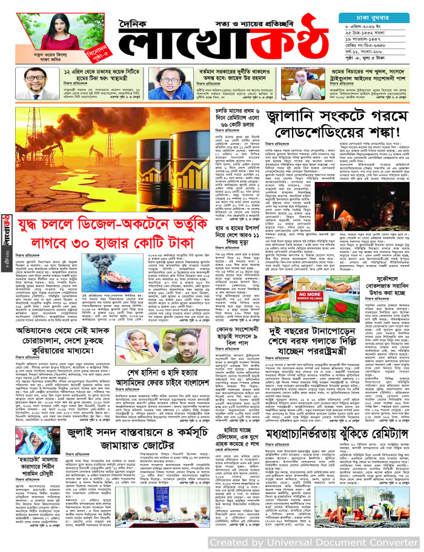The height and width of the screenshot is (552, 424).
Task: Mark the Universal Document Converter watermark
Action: click(x=313, y=541)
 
